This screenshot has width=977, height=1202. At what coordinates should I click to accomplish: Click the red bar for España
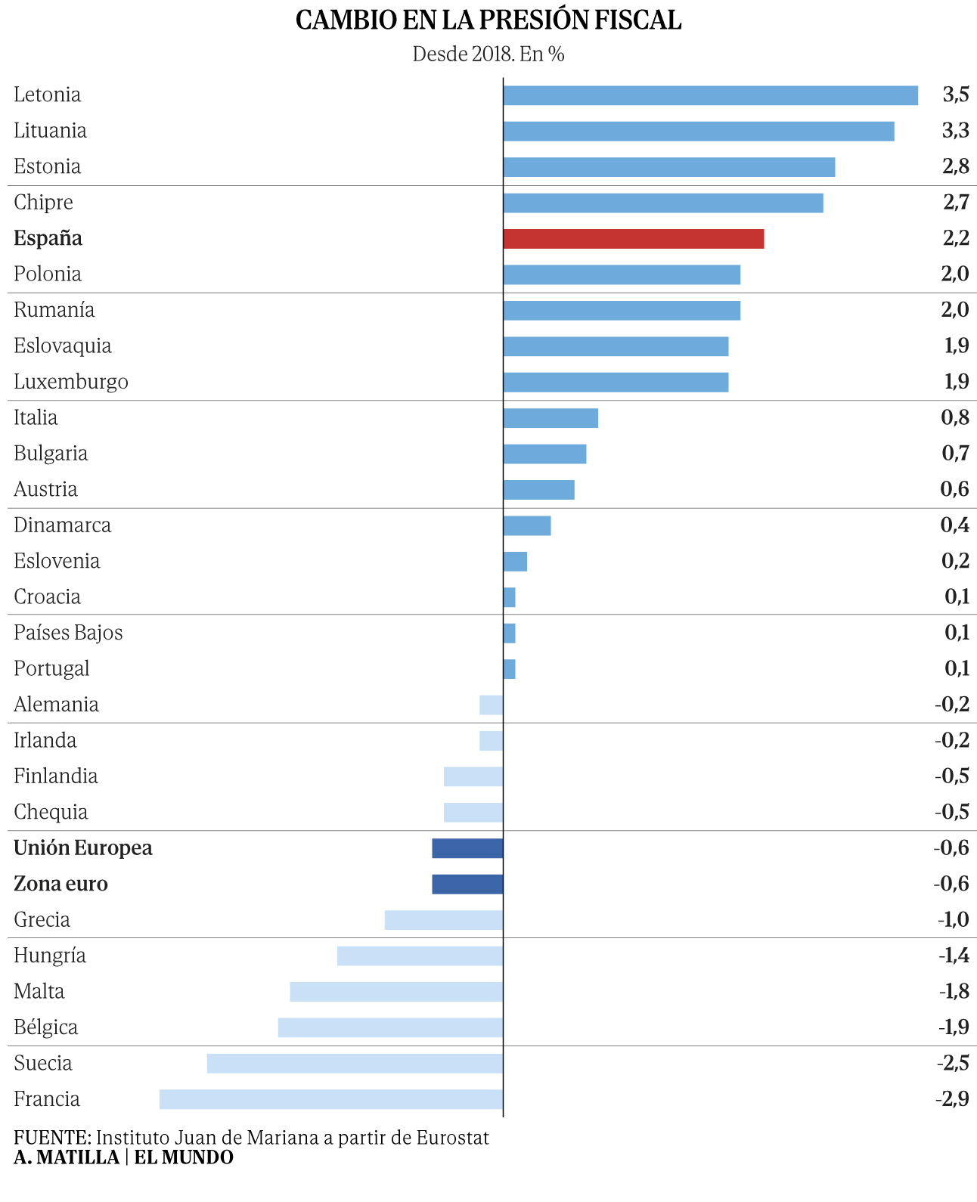point(633,239)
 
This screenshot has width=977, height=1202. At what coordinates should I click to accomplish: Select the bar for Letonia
point(710,95)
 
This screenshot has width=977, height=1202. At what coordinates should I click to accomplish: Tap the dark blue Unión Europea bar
point(467,848)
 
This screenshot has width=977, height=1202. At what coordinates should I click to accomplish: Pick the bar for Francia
point(330,1099)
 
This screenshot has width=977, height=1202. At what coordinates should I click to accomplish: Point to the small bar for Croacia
point(509,597)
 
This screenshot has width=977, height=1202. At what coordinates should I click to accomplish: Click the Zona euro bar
point(467,884)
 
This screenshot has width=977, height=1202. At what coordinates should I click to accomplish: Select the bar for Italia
point(551,418)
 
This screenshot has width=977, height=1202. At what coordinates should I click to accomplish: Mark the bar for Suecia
point(355,1064)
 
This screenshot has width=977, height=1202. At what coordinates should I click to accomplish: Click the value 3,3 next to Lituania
point(955,131)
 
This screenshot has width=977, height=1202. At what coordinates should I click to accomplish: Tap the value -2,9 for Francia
point(952,1099)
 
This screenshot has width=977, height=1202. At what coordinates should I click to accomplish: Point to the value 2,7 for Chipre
point(956,203)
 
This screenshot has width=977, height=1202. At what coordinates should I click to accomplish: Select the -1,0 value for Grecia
point(953,920)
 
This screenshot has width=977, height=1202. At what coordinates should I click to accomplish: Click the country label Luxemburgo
point(71,382)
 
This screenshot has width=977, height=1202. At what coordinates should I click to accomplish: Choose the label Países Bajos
point(68,633)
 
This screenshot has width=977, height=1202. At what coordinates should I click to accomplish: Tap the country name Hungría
point(50,956)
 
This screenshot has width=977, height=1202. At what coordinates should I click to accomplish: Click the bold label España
point(48,239)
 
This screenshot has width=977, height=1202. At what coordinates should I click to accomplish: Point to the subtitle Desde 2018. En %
point(488,54)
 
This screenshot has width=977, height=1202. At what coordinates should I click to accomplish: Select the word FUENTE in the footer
point(51,1138)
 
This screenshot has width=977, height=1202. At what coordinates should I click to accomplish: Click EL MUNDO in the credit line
point(184,1157)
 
